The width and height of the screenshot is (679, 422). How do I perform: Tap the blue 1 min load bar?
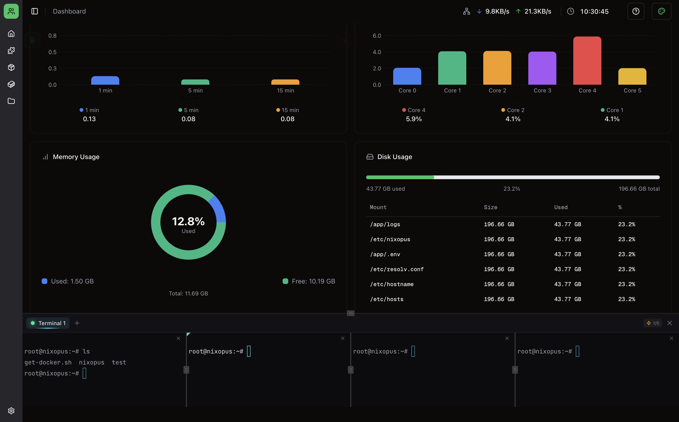105,80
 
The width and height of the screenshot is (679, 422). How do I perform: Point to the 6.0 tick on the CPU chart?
376,36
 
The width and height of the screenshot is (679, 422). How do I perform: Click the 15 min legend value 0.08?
288,119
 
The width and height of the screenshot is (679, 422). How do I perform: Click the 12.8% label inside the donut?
188,221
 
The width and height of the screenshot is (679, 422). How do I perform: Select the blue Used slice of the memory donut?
219,209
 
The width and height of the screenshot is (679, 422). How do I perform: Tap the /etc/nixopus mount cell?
390,239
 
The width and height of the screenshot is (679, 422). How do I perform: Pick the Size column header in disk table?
491,207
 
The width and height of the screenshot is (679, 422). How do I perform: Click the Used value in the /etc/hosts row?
567,299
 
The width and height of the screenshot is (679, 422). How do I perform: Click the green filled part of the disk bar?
400,177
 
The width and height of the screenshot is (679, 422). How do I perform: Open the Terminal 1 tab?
48,323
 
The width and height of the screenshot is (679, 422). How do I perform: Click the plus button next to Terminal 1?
77,323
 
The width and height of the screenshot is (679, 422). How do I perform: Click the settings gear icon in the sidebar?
11,411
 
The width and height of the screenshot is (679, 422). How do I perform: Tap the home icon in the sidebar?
11,33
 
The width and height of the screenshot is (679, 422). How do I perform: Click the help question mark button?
635,11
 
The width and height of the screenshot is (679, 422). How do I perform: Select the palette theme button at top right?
661,11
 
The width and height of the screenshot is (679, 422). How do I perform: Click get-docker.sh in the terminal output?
48,362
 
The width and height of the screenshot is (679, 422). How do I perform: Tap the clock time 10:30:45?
594,11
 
